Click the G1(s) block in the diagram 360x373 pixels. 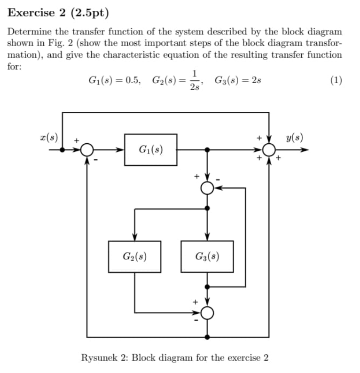click(150, 150)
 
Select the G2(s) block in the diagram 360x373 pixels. click(134, 256)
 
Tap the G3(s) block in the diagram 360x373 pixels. click(207, 256)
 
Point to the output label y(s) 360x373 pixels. click(294, 138)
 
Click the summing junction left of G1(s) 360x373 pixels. click(87, 150)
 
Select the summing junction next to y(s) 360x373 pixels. click(269, 150)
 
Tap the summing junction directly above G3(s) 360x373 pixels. click(207, 188)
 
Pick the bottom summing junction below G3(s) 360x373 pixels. click(207, 312)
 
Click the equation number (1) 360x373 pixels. click(336, 79)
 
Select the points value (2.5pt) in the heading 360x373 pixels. click(89, 13)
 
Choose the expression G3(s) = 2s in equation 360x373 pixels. click(238, 79)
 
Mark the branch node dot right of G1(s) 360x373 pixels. click(207, 150)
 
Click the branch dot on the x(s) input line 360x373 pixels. click(63, 150)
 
